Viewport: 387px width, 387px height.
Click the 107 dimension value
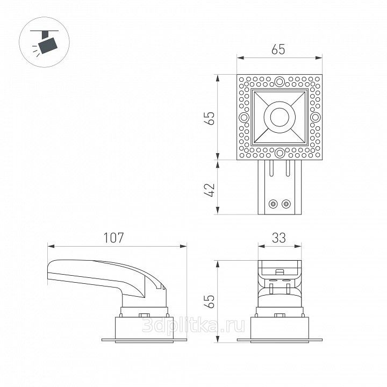(114, 237)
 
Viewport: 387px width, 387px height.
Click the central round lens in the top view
(279, 117)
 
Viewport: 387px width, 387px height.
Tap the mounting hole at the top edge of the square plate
(279, 82)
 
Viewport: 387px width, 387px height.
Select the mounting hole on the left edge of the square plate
(245, 117)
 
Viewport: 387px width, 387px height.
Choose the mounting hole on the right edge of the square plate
(315, 117)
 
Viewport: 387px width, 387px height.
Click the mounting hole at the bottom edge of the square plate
(279, 153)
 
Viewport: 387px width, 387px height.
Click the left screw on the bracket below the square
(274, 204)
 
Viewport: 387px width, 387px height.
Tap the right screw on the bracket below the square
(286, 204)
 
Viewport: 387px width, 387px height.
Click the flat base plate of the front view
(279, 340)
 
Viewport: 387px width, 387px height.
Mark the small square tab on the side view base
(144, 316)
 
